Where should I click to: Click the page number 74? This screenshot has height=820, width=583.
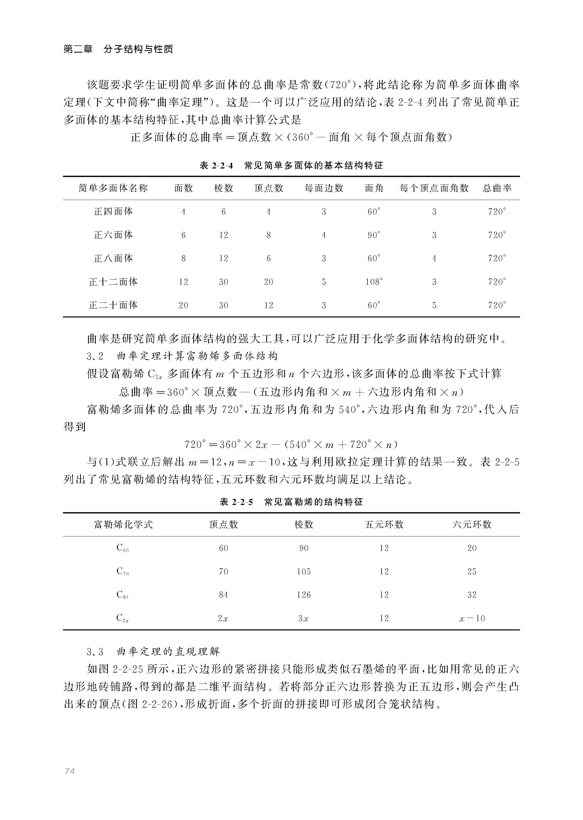(70, 771)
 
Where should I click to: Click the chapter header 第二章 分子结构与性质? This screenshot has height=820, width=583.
(118, 49)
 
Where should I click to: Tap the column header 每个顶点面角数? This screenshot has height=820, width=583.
(434, 188)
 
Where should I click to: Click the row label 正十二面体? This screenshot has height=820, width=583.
(113, 282)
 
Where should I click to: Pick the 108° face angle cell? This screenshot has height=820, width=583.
(374, 282)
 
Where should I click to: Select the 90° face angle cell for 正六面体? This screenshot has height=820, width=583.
(374, 235)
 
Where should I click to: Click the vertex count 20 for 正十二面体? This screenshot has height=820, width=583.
(268, 282)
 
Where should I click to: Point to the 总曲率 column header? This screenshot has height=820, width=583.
(497, 188)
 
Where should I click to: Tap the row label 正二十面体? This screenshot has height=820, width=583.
(113, 305)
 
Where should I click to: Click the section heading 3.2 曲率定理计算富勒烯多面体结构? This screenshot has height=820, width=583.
(182, 356)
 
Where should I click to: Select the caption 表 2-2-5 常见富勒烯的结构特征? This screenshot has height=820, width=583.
(291, 502)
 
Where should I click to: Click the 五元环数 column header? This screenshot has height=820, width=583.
(384, 525)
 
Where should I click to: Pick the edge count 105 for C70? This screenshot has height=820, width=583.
(304, 571)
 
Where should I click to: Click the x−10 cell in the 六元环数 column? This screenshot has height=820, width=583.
(472, 618)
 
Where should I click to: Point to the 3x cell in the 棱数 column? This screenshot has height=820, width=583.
(304, 618)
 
